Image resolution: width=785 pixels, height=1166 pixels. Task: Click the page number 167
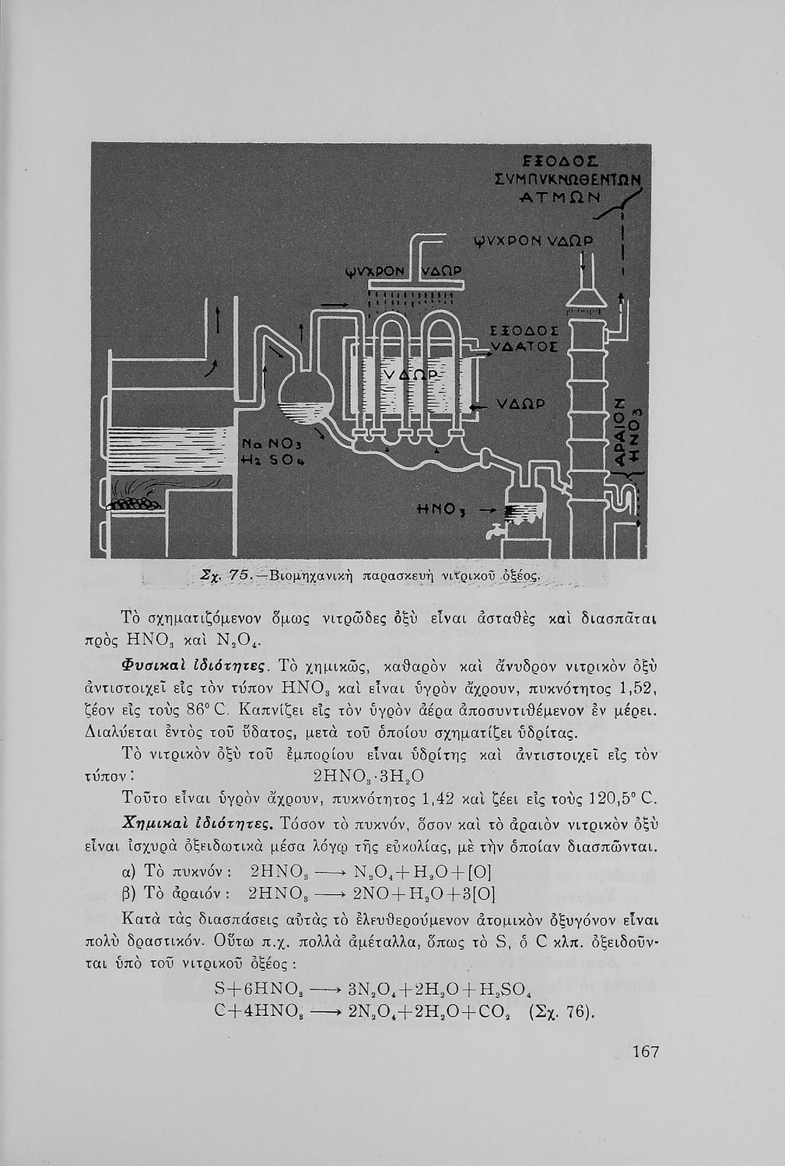click(x=646, y=1052)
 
